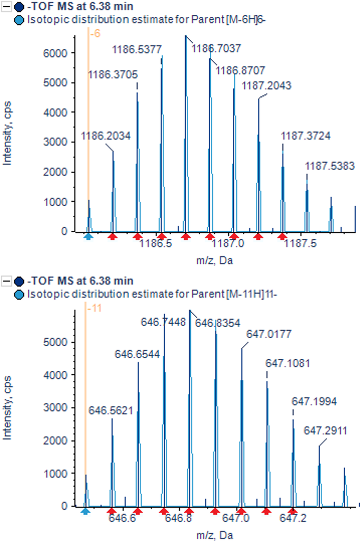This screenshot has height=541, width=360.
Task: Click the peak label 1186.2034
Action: [106, 136]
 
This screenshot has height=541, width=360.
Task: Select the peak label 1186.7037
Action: [216, 48]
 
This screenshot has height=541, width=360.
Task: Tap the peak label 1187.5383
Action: [330, 166]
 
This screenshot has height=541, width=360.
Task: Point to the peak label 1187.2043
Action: [266, 86]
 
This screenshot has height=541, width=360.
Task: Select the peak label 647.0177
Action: [269, 333]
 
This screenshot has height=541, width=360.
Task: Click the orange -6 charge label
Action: [95, 35]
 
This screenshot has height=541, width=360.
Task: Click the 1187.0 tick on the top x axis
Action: [234, 244]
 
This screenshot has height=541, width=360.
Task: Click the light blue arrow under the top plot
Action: [88, 236]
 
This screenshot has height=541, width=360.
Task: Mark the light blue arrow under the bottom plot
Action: [85, 511]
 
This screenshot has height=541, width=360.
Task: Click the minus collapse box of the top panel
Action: [7, 7]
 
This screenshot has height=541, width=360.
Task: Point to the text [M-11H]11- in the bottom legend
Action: [251, 294]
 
